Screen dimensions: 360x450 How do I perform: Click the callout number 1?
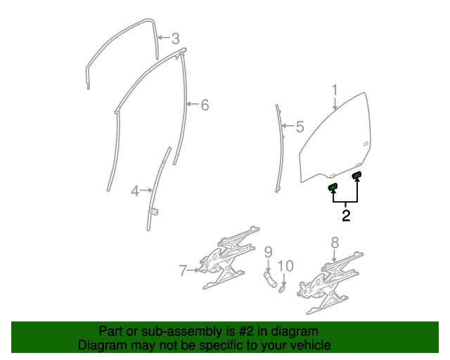(335, 90)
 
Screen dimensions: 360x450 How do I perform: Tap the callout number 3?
(175, 39)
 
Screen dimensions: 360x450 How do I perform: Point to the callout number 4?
(135, 190)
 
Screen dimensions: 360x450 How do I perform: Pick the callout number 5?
(300, 127)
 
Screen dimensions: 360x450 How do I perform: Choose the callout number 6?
(205, 105)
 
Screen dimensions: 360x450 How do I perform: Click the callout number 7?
(183, 269)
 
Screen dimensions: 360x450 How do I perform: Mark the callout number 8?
(335, 243)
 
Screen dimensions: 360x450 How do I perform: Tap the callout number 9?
(268, 252)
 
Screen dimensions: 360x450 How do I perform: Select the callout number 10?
(285, 266)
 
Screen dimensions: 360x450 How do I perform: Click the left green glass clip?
(333, 186)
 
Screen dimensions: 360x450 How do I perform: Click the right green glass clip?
(356, 175)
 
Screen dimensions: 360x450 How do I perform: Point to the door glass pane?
(337, 141)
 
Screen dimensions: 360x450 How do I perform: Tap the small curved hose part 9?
(269, 280)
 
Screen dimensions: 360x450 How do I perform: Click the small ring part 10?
(281, 287)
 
